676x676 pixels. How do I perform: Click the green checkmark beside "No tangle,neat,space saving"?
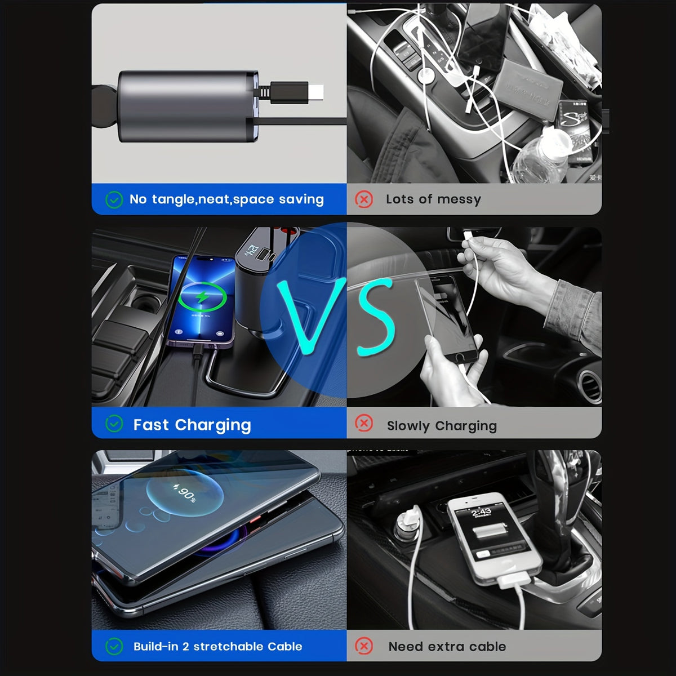tap(114, 199)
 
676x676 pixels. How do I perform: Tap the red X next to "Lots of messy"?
tap(364, 199)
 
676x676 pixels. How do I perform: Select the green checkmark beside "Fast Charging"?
tap(114, 424)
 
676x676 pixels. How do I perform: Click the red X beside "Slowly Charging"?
tap(364, 424)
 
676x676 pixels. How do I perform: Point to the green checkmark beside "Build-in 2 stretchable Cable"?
tap(114, 646)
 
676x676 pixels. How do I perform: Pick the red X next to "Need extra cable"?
tap(364, 646)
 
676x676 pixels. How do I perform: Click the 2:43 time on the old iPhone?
tap(482, 512)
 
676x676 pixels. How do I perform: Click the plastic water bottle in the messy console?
tap(541, 155)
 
